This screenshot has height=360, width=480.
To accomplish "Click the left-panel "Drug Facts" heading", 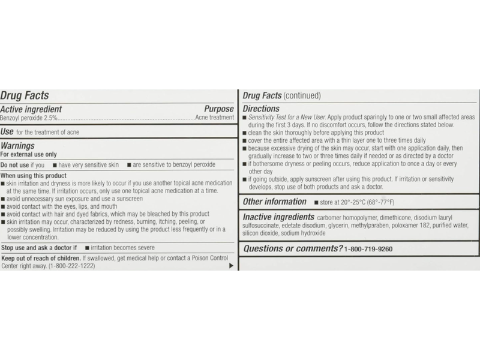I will [x=25, y=95].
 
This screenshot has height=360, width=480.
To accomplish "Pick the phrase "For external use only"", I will [x=28, y=154].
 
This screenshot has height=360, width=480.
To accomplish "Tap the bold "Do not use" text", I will [x=14, y=164].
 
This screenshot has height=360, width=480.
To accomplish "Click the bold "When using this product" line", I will [x=33, y=176].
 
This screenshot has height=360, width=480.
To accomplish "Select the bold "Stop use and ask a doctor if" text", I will [x=39, y=247].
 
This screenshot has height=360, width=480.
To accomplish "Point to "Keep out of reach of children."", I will [x=41, y=258].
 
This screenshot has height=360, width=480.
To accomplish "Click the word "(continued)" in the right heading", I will [x=302, y=95].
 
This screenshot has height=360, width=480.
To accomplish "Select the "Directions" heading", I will [x=263, y=109].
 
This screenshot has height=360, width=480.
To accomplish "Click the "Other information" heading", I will [x=274, y=202].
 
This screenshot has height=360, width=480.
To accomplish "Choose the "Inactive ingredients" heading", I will [x=279, y=217].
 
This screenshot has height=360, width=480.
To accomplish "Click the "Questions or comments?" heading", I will [x=293, y=248].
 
